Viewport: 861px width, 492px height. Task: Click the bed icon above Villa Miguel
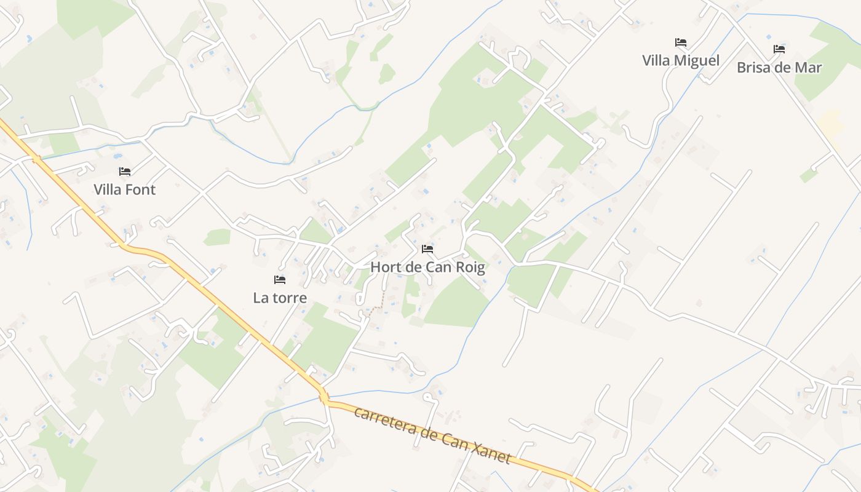pos(680,42)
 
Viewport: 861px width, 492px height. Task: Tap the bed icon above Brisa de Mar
pos(779,49)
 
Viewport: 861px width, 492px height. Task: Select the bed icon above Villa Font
pos(125,172)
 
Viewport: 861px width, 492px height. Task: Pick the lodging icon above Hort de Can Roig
pos(427,249)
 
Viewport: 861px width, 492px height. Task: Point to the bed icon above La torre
pos(280,280)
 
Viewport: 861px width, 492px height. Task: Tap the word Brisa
pos(755,68)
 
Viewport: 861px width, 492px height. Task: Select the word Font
pos(141,190)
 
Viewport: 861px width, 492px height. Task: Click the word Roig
pos(469,268)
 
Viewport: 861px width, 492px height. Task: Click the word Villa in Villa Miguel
pos(656,61)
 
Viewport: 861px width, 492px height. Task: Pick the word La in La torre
pos(260,298)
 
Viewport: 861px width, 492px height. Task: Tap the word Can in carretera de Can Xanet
pos(454,440)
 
